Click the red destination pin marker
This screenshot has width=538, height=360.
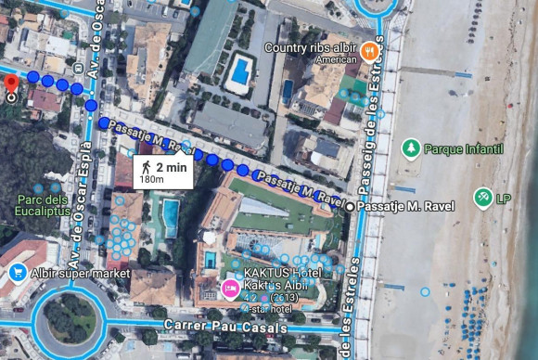pos(11,86)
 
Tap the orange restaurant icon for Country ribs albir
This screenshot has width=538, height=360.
pos(369,51)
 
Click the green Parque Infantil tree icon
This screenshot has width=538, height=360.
pos(410,148)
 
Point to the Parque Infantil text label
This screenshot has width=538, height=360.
pos(463,148)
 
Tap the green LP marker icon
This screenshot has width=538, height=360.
pos(481,198)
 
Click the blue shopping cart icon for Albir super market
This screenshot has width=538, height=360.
pos(17,273)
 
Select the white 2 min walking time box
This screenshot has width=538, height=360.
pos(163,172)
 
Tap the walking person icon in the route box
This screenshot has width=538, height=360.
pos(147,167)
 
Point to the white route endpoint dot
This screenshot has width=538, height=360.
pos(349,206)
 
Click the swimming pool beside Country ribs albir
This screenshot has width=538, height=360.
pos(240,70)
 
